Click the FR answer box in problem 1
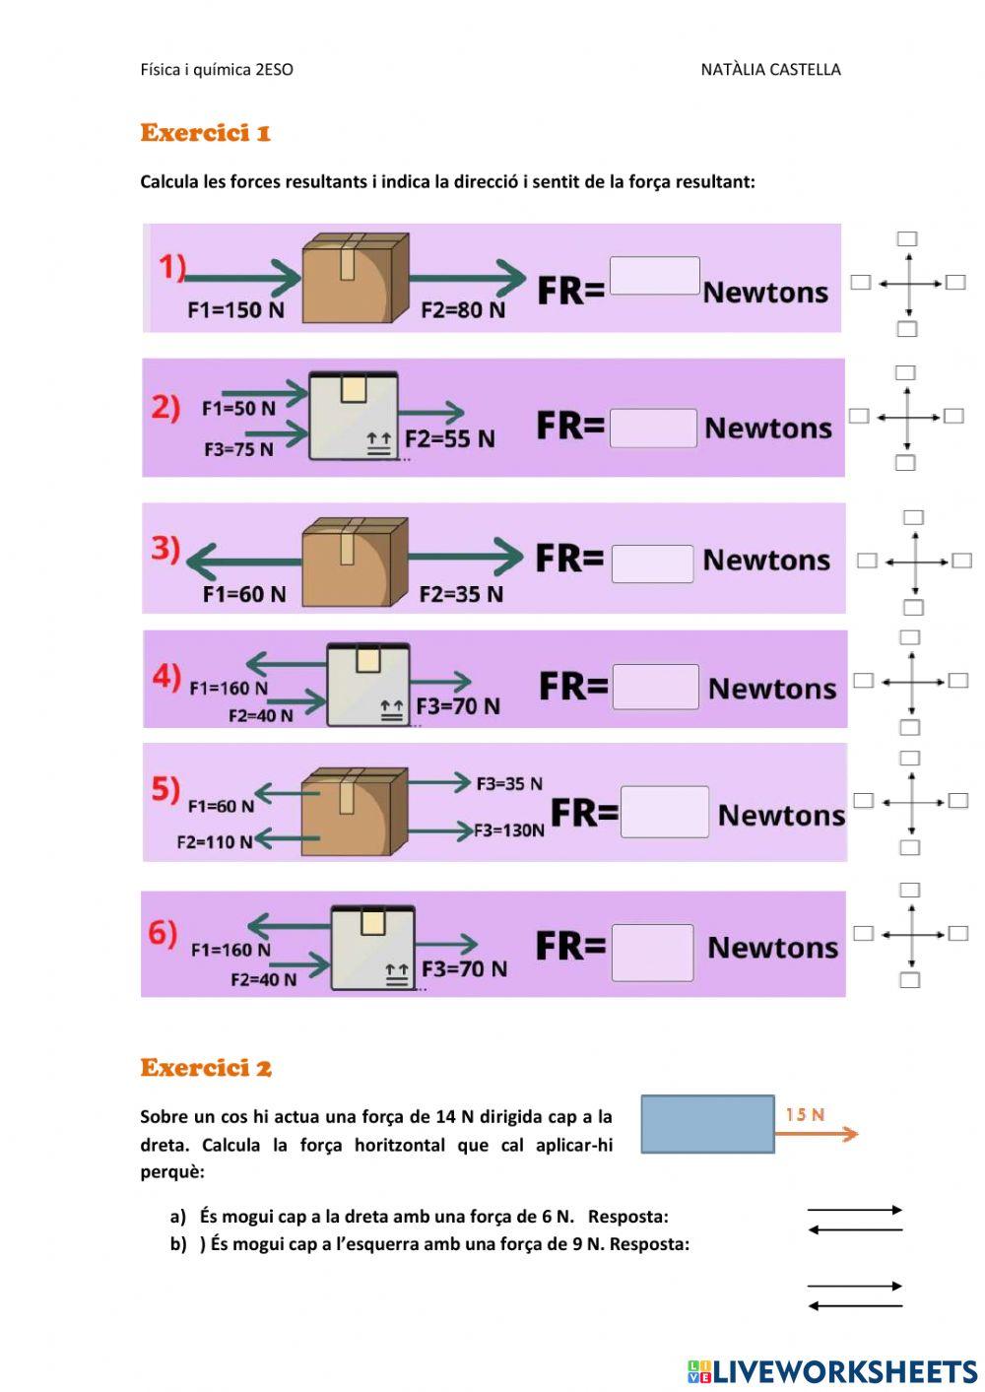tap(654, 275)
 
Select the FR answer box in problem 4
tap(656, 686)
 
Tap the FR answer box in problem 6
tap(652, 953)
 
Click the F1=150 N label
tap(236, 309)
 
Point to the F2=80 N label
tap(463, 309)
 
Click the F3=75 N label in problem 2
tap(239, 448)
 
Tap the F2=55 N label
tap(450, 438)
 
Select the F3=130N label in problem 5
tap(509, 830)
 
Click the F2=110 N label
tap(215, 842)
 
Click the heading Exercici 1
tap(206, 132)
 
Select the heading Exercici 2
tap(206, 1068)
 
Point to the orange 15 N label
tap(805, 1114)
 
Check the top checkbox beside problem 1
tap(907, 238)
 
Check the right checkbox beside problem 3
tap(962, 561)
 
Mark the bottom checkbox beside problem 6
tap(910, 980)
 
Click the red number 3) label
tap(165, 549)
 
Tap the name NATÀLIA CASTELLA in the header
tap(770, 70)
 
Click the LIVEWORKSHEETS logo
tap(832, 1371)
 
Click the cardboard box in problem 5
tap(355, 812)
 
